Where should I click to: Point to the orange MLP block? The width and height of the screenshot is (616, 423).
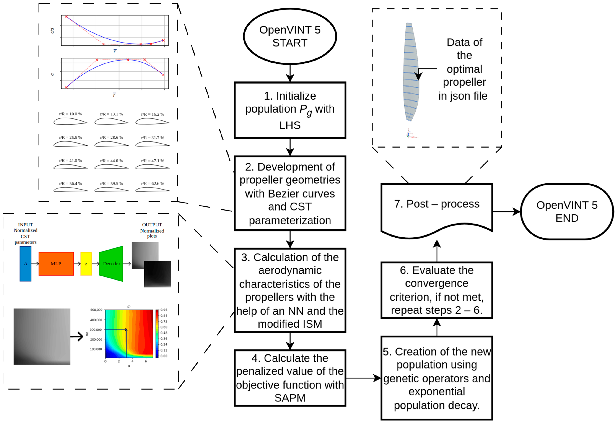click(x=56, y=264)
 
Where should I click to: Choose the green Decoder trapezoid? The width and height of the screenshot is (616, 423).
click(x=111, y=264)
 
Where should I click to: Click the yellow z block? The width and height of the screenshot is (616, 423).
click(x=86, y=264)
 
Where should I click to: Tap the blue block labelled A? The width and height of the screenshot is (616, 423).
click(x=25, y=264)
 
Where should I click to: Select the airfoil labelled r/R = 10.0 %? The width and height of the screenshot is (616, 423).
click(x=70, y=121)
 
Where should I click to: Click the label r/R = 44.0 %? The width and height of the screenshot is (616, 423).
click(x=111, y=161)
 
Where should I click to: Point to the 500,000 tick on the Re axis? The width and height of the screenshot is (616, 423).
click(x=96, y=310)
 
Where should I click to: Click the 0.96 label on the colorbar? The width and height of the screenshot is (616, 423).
click(x=164, y=310)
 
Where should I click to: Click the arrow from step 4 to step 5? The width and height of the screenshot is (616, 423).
click(x=363, y=378)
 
